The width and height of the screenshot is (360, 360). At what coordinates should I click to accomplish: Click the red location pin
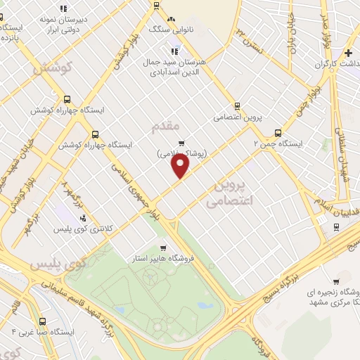coord(181,166)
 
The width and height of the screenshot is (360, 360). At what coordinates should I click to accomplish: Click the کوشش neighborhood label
coord(53,67)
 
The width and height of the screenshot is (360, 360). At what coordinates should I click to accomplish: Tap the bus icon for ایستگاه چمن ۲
coord(278,132)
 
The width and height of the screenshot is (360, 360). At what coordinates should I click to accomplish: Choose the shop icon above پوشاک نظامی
coord(181,143)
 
